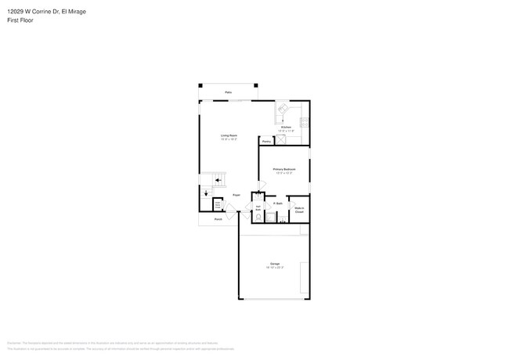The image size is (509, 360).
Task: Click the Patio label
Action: [x=229, y=92]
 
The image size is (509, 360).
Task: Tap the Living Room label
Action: [x=229, y=136]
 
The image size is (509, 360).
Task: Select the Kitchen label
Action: [x=287, y=127]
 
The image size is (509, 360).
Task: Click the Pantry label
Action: [x=267, y=142]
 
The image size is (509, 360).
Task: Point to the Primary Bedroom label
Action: [x=283, y=169]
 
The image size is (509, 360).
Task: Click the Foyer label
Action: [x=236, y=195]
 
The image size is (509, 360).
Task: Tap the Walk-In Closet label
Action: [x=298, y=210]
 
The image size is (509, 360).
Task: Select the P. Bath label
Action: [x=278, y=203]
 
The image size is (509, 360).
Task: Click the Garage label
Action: [x=274, y=265]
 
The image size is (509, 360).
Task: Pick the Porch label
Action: [x=218, y=219]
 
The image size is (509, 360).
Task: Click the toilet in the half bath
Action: [x=258, y=197]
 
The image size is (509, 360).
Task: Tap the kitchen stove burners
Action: [x=305, y=122]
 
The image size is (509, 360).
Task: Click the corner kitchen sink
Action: [x=283, y=110]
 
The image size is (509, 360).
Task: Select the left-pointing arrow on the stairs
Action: [x=220, y=179]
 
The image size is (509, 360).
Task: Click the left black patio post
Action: [x=200, y=85]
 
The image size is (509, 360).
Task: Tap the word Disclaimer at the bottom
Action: [x=13, y=343]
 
